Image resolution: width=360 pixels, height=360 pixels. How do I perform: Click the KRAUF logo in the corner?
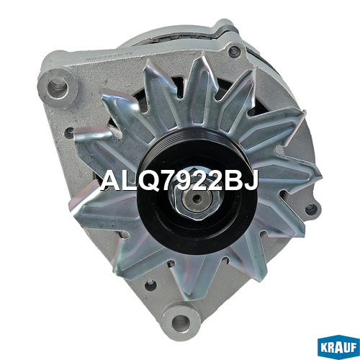338,347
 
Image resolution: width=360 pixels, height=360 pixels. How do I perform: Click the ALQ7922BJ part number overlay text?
179,181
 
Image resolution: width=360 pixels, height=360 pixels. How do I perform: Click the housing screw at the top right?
234,51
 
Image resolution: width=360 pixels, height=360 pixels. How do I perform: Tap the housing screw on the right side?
312,210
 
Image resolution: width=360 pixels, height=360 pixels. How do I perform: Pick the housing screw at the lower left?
150,285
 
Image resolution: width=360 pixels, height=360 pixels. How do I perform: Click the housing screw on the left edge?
70,131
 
